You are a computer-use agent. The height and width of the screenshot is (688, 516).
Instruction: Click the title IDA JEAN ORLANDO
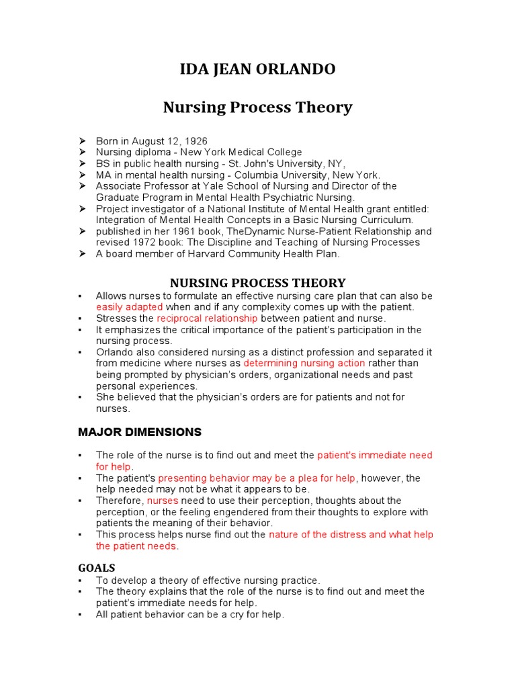257,69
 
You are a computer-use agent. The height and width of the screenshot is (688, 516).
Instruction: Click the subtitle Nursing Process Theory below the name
258,107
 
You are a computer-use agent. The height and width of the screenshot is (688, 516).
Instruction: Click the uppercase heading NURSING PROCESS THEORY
257,283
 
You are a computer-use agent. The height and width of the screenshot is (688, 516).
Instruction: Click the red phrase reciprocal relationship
207,318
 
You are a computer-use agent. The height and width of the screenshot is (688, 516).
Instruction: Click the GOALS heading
96,568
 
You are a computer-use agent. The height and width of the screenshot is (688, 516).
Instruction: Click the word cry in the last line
240,614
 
